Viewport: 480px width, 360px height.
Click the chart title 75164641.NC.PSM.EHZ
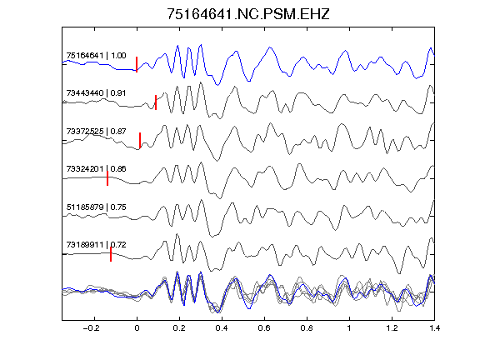[x=248, y=14]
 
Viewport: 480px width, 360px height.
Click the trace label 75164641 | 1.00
[x=96, y=55]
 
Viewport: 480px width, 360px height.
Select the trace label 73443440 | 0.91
[x=96, y=93]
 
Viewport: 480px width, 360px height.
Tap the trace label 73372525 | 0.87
[x=96, y=132]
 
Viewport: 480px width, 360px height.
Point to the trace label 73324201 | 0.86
[x=96, y=169]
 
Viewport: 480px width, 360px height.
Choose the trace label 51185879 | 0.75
[x=96, y=207]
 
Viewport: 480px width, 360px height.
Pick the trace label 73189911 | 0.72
[x=96, y=245]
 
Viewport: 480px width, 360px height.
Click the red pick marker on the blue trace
[x=137, y=64]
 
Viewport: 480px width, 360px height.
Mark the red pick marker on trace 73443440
[x=156, y=102]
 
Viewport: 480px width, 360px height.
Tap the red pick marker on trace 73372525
[x=140, y=140]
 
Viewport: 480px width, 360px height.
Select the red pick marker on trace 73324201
[x=107, y=178]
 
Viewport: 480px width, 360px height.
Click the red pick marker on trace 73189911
[x=111, y=254]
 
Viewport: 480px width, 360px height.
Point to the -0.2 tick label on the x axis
[x=92, y=328]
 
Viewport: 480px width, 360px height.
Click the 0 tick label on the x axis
[x=137, y=328]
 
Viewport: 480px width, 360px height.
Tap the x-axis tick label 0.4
[x=222, y=328]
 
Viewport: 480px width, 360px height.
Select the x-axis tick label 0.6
[x=264, y=328]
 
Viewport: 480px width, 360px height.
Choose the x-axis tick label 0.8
[x=307, y=328]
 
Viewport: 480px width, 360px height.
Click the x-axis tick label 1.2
[x=392, y=328]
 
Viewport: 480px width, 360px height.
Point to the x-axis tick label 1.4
[x=435, y=328]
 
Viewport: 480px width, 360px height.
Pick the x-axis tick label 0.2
[x=179, y=328]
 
